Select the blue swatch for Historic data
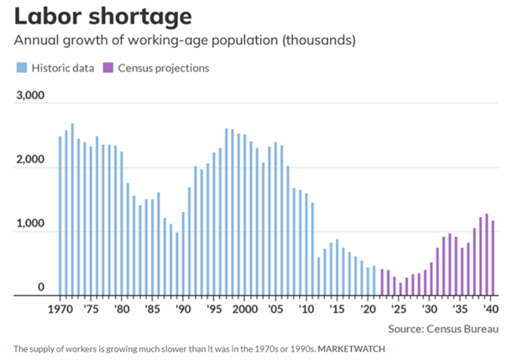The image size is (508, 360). click(19, 68)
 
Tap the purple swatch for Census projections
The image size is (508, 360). click(107, 68)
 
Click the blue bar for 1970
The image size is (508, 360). click(60, 216)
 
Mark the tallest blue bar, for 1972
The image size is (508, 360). click(72, 209)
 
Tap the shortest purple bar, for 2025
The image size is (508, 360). click(401, 290)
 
